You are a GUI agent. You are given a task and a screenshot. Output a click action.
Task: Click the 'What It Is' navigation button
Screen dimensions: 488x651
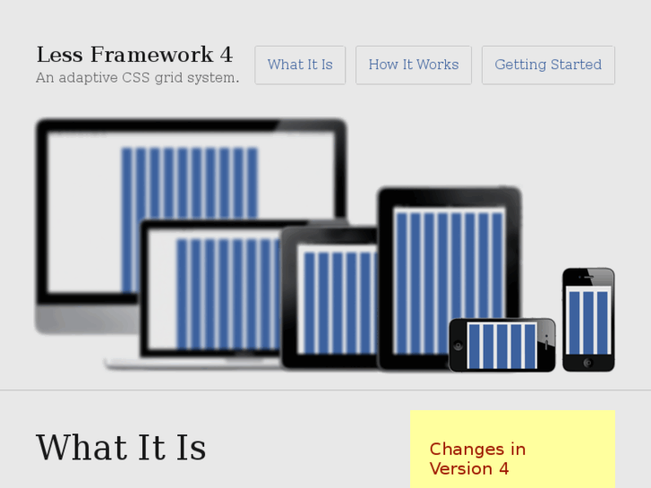coord(300,65)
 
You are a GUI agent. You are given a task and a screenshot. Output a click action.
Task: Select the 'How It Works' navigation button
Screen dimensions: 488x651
coord(413,65)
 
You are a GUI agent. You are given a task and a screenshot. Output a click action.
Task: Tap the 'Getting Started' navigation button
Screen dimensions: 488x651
coord(548,65)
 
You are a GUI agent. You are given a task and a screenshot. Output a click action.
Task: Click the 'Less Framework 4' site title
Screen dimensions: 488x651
coord(134,56)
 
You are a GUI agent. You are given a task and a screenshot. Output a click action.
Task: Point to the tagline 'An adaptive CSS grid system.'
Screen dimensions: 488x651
coord(137,78)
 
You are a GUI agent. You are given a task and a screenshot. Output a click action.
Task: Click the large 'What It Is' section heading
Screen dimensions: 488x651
coord(121,448)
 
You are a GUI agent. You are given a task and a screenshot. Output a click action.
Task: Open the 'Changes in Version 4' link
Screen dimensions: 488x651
coord(477,458)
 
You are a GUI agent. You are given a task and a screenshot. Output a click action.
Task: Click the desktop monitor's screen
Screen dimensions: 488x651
coord(90,206)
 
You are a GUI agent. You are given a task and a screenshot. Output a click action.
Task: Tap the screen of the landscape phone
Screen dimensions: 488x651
coord(501,346)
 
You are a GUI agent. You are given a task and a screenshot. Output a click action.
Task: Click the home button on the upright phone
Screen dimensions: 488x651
coord(588,363)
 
